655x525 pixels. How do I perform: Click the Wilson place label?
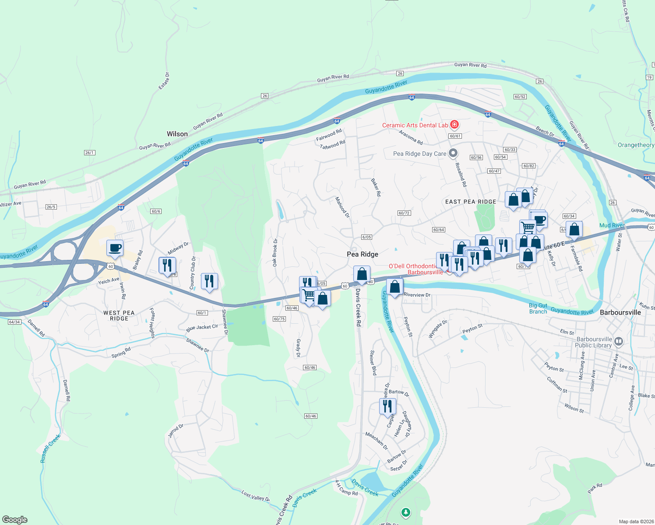(177, 134)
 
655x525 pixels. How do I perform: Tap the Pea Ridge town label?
(362, 254)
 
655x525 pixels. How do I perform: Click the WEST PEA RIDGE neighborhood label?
(119, 315)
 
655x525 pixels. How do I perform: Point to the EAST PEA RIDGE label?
(471, 202)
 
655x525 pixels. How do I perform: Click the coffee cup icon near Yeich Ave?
(115, 248)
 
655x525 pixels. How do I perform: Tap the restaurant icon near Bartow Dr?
(387, 406)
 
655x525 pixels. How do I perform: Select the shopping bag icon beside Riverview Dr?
(394, 287)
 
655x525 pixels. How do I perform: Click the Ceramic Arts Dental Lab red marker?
(454, 125)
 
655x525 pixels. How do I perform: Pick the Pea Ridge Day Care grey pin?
(454, 153)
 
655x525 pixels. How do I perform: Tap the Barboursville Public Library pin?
(618, 341)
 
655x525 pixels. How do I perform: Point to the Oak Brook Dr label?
(275, 252)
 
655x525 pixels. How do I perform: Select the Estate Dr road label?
(164, 81)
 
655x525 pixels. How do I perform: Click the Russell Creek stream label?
(50, 448)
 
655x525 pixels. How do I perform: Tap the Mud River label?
(612, 225)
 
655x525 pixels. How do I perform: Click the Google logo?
(15, 520)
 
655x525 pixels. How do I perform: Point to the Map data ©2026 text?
(634, 521)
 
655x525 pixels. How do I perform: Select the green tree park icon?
(406, 512)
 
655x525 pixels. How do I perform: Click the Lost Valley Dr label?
(255, 496)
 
